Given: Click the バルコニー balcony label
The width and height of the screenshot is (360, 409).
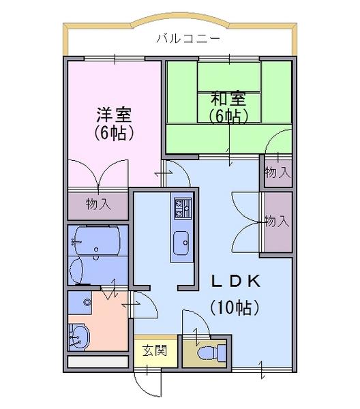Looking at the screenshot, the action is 188,39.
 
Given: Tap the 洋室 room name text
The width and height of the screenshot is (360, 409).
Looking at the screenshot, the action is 114,115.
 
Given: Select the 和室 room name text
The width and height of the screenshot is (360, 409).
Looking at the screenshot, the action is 228,98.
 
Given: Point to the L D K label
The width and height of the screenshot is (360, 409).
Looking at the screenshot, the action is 235,281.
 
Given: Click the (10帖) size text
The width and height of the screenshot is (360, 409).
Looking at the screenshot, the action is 235,307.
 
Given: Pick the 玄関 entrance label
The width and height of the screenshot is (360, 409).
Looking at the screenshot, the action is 155,350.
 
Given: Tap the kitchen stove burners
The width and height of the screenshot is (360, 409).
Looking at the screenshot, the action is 183,208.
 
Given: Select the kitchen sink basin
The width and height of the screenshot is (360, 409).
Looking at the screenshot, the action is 181,243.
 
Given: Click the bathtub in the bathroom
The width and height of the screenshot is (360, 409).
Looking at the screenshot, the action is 97,240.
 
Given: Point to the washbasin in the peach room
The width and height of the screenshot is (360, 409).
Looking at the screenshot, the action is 78,337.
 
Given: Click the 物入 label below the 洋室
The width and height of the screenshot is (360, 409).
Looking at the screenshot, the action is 98,204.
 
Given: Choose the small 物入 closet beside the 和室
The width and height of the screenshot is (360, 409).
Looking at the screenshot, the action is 277,172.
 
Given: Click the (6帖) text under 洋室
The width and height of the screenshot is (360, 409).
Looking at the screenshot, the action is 114,133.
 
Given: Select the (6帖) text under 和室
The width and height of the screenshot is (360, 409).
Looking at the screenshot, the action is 228,116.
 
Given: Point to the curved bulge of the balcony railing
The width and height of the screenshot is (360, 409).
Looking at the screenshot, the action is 180,18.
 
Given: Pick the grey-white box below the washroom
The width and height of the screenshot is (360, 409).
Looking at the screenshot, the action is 98,362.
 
